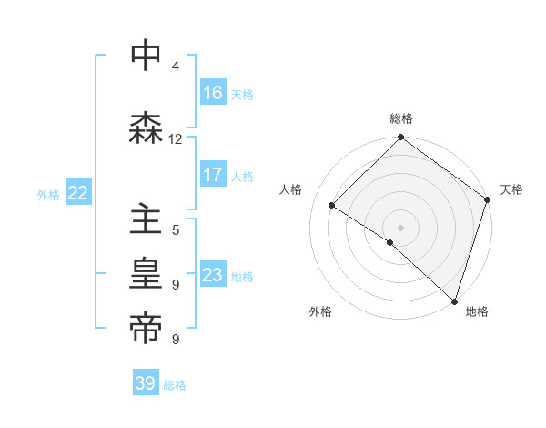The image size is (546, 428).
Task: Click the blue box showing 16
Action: click(213, 93)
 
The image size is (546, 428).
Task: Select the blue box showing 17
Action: click(213, 176)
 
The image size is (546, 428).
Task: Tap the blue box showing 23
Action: click(213, 275)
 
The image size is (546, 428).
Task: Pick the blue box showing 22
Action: click(78, 193)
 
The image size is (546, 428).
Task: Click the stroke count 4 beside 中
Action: click(175, 66)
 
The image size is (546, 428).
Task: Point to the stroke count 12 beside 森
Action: click(175, 138)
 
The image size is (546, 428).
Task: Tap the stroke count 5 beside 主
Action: click(175, 230)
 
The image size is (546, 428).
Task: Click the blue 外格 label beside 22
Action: click(48, 194)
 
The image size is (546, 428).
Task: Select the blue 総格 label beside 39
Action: click(175, 385)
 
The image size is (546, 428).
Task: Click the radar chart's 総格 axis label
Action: click(400, 118)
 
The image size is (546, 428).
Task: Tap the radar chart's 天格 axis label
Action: click(511, 189)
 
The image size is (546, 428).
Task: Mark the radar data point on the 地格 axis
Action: click(454, 300)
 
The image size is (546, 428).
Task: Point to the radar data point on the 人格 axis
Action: click(332, 205)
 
